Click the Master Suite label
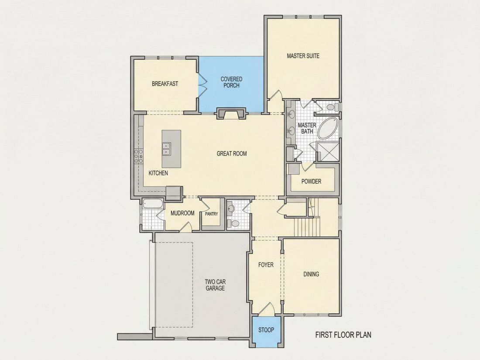pyautogui.click(x=303, y=56)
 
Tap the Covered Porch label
pyautogui.click(x=231, y=82)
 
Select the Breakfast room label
pyautogui.click(x=165, y=84)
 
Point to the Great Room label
pyautogui.click(x=232, y=153)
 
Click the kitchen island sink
pyautogui.click(x=166, y=149)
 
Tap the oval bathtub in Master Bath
pyautogui.click(x=328, y=129)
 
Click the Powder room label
pyautogui.click(x=311, y=181)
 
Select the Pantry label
pyautogui.click(x=212, y=214)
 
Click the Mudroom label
pyautogui.click(x=182, y=213)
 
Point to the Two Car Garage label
pyautogui.click(x=215, y=285)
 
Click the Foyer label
pyautogui.click(x=266, y=265)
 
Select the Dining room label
pyautogui.click(x=311, y=274)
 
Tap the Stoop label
pyautogui.click(x=266, y=330)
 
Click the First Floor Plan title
pyautogui.click(x=343, y=335)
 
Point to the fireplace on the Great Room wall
pyautogui.click(x=231, y=113)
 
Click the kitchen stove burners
pyautogui.click(x=138, y=156)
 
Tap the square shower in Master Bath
pyautogui.click(x=328, y=152)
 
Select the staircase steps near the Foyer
pyautogui.click(x=307, y=227)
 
